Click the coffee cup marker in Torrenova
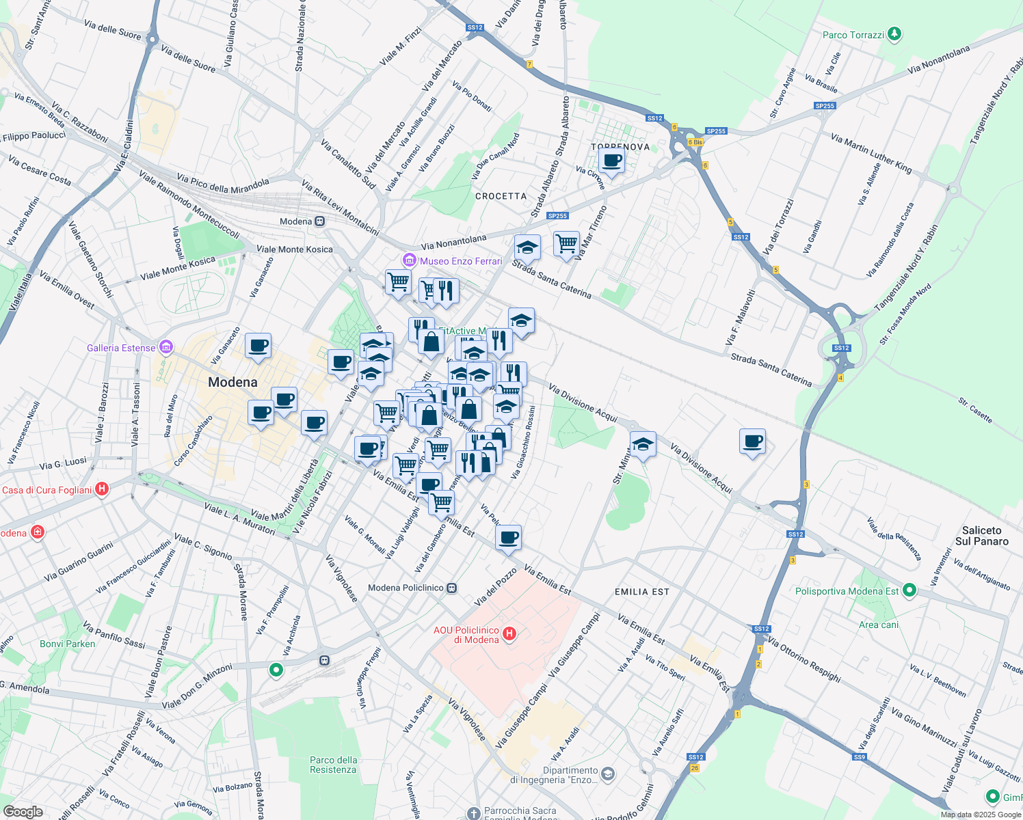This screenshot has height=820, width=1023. coord(611,161)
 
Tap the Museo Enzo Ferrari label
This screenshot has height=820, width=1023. coord(460,261)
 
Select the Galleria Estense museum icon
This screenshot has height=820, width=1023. coord(165,348)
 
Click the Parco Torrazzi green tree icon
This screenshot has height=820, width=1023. coord(894,34)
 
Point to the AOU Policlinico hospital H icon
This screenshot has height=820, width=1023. coord(509,634)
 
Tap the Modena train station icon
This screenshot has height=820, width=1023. coord(319,221)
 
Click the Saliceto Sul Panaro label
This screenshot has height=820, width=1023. coord(981,536)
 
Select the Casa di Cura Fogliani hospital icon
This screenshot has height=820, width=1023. coord(102,489)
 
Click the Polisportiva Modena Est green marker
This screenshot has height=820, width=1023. coord(909,590)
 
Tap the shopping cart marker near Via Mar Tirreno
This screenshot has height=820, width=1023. coord(566,243)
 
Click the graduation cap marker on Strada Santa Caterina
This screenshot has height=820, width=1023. coord(527,247)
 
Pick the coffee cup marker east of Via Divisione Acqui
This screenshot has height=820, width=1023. coord(752,441)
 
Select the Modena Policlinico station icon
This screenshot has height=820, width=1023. coord(451,588)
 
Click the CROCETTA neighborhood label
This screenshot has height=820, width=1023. coord(501,196)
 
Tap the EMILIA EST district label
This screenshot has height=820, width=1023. coord(641,592)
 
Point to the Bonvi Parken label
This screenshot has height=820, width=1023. coord(68,644)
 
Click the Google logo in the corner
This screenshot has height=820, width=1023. coord(23,811)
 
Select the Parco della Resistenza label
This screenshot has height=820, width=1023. coord(333,765)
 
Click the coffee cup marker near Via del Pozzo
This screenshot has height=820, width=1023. coord(508,538)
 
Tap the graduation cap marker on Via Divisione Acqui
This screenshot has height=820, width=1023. coord(642,445)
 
